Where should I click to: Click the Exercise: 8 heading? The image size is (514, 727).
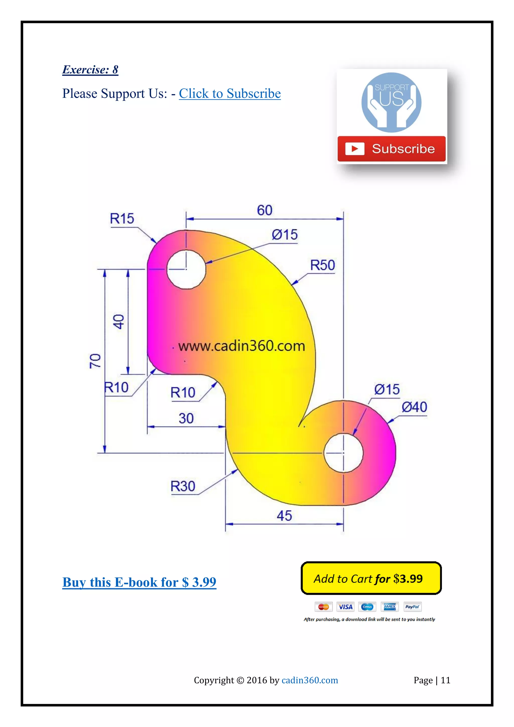coord(90,70)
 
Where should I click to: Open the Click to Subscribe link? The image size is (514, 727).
coord(230,94)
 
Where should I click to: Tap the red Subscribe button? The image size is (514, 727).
coord(392,149)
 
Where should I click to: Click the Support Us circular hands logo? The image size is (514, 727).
coord(392,102)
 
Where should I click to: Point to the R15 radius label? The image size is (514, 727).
coord(122,219)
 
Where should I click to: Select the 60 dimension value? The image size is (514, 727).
coord(265,210)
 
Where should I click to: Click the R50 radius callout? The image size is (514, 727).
coord(323,265)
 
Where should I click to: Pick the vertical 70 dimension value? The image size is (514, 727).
coord(95,361)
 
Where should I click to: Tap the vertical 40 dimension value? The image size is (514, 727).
coord(119,322)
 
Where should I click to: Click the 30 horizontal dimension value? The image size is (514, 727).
coord(186,419)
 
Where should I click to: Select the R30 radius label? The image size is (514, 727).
coord(183,486)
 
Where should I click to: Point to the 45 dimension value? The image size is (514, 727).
coord(284,516)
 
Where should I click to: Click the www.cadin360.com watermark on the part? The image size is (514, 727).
coord(242,346)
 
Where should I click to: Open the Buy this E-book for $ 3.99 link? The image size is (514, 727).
coord(139,582)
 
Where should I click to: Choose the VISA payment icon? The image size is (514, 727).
coord(345,607)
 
